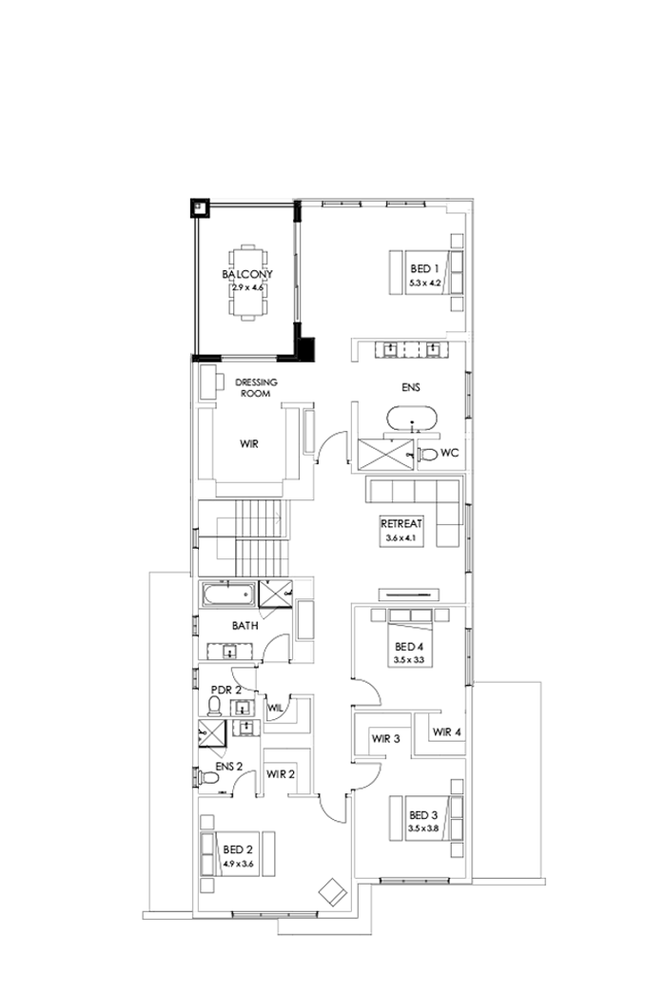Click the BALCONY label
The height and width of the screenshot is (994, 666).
click(x=247, y=274)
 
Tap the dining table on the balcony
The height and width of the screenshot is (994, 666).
click(x=247, y=285)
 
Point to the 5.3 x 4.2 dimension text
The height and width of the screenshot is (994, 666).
click(x=423, y=283)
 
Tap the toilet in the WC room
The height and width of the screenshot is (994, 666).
click(x=427, y=455)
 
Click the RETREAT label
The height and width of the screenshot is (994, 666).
click(x=401, y=524)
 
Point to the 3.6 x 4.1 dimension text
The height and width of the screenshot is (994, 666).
click(x=401, y=538)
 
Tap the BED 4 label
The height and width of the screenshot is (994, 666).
click(x=409, y=646)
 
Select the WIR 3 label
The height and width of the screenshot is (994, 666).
click(x=385, y=739)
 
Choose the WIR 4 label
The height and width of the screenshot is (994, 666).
click(x=446, y=732)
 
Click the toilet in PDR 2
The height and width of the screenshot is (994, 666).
click(x=215, y=706)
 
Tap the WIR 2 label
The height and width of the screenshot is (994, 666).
click(x=281, y=774)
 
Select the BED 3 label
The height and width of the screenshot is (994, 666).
click(x=422, y=815)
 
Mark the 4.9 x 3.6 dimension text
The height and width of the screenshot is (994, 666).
click(x=238, y=865)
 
